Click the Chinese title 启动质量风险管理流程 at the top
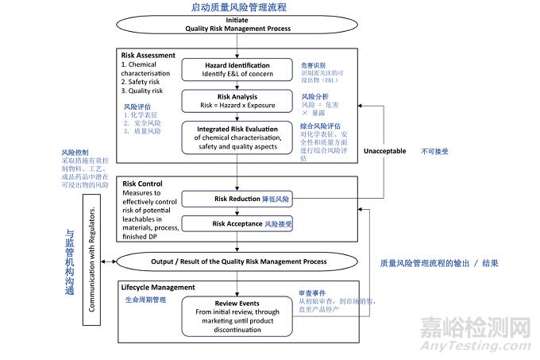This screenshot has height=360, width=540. (238, 7)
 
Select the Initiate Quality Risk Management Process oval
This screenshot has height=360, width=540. (236, 24)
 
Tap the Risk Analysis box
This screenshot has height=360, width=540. (236, 99)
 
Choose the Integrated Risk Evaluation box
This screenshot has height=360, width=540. (236, 136)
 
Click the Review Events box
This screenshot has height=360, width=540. (236, 316)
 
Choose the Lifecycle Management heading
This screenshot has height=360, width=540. (158, 287)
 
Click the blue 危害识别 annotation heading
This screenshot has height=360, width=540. (314, 65)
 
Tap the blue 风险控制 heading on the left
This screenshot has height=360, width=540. (75, 152)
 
